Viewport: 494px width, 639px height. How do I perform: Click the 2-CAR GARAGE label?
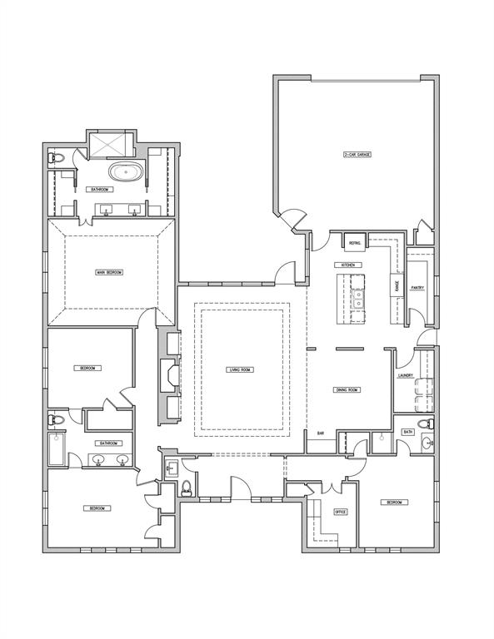357,155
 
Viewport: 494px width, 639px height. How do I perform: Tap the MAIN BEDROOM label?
109,272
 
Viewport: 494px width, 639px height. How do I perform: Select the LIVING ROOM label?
240,369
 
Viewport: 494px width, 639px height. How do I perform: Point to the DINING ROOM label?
347,389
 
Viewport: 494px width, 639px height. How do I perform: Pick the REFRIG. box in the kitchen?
354,242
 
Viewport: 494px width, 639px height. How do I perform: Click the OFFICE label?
340,512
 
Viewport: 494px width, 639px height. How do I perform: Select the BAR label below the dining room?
321,433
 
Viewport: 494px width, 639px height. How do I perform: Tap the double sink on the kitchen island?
359,298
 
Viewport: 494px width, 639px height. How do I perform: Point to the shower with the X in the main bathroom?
107,146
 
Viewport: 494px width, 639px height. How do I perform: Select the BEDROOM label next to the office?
393,503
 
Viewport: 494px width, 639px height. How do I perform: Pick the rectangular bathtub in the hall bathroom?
57,450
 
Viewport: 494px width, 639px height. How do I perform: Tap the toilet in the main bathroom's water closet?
57,158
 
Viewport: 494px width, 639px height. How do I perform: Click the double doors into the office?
332,486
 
